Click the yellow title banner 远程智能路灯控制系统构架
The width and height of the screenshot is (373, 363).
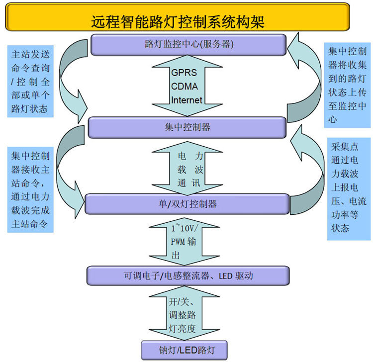177,19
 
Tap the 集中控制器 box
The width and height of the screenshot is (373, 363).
187,127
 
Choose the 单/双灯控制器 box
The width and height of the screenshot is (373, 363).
187,204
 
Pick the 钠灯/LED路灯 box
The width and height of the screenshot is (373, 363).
186,349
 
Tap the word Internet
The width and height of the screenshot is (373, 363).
186,100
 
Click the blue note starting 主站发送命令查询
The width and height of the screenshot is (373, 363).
31,81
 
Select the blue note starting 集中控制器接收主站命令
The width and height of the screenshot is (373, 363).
31,190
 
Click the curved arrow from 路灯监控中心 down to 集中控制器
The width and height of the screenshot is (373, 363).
70,75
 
